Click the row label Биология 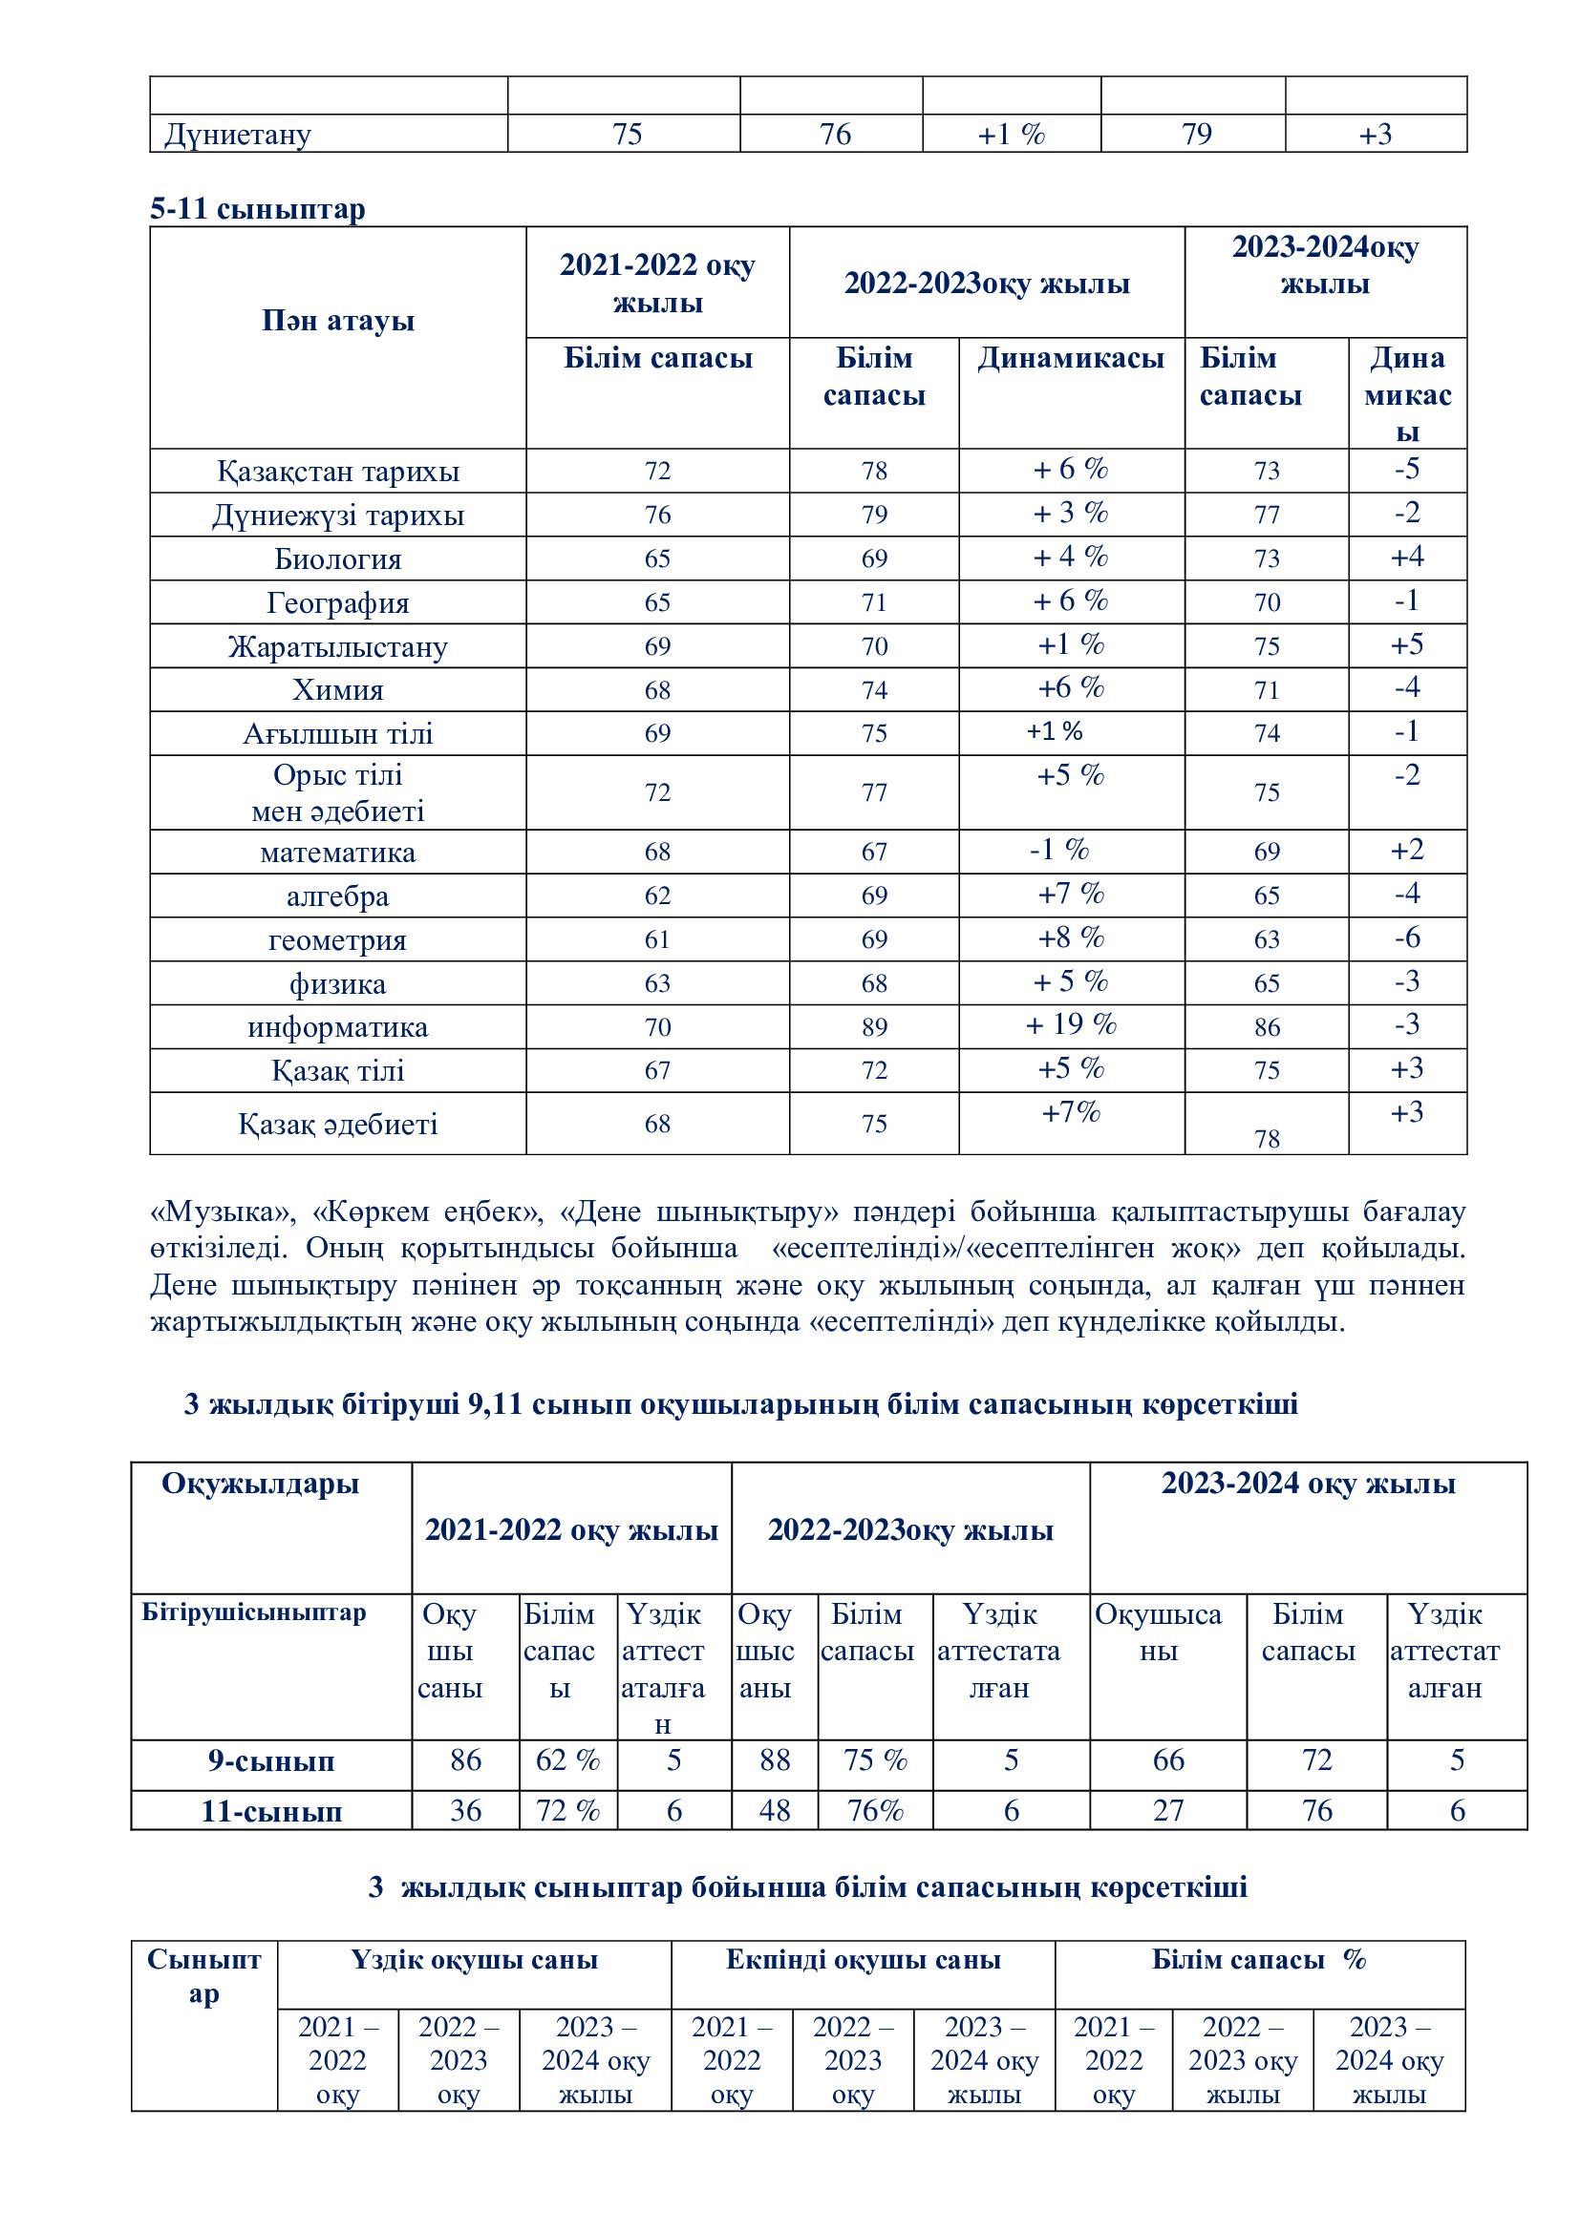click(337, 559)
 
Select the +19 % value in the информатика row click(1071, 1024)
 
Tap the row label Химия click(337, 690)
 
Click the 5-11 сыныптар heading click(258, 209)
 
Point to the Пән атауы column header click(337, 321)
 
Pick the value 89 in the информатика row click(874, 1027)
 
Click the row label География click(337, 603)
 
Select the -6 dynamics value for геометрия click(1407, 937)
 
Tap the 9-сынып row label click(270, 1761)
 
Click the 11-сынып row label click(270, 1811)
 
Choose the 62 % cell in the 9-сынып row click(567, 1760)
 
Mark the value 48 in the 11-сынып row click(775, 1810)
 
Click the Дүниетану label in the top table click(238, 135)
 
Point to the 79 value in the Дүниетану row click(1196, 135)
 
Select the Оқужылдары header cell click(261, 1484)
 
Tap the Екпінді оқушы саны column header click(863, 1960)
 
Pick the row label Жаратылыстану click(337, 646)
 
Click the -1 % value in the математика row click(1059, 850)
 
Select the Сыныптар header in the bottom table click(204, 1976)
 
